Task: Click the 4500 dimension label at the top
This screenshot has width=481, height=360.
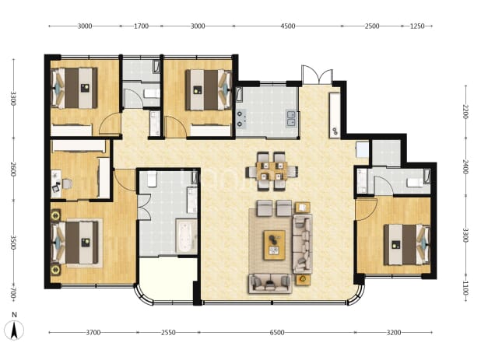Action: [288, 26]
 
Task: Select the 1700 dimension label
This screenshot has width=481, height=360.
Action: [141, 26]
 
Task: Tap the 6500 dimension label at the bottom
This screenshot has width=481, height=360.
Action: [277, 332]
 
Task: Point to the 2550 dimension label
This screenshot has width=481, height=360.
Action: [168, 332]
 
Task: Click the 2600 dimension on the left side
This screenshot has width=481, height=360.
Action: [13, 169]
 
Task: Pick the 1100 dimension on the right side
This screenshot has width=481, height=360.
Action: [465, 288]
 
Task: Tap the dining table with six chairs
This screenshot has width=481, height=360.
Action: [272, 171]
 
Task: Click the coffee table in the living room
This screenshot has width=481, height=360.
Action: [275, 245]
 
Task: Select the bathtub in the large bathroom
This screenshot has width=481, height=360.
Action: [186, 236]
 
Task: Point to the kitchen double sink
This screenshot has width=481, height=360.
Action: [291, 118]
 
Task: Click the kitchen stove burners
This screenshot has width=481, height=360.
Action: [240, 119]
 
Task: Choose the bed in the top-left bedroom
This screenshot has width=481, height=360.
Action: [75, 88]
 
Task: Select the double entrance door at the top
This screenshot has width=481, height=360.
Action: [317, 75]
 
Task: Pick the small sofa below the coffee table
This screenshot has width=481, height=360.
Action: [269, 284]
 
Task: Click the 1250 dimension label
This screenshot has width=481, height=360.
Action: [417, 26]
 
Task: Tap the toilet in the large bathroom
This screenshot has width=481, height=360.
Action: [152, 179]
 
